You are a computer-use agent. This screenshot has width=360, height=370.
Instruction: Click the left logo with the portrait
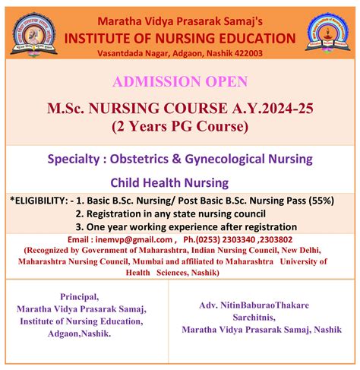34,34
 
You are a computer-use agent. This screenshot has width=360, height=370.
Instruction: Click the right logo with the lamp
328,33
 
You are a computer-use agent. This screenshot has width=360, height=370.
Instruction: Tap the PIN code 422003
248,53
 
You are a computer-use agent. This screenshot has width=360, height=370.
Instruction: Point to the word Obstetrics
139,159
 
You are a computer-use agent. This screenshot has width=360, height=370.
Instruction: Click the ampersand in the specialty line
177,159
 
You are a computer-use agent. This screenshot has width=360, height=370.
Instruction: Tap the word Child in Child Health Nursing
124,182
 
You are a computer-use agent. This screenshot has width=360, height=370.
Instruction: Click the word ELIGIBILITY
40,201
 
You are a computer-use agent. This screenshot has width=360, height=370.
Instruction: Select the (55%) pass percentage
321,201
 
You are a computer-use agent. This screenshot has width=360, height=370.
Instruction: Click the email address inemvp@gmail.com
134,239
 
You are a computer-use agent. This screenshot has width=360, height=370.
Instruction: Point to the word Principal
79,297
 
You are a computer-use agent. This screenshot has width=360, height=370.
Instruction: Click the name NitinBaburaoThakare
264,305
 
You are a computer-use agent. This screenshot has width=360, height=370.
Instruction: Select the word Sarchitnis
254,318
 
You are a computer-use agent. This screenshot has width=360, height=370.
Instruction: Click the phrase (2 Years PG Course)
180,126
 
